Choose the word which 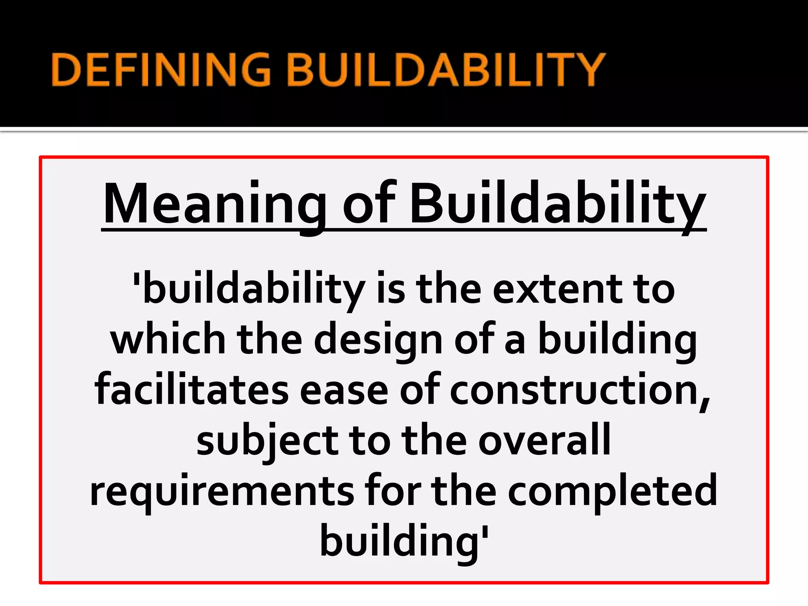(167, 340)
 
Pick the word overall (544, 440)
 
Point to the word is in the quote (391, 290)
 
